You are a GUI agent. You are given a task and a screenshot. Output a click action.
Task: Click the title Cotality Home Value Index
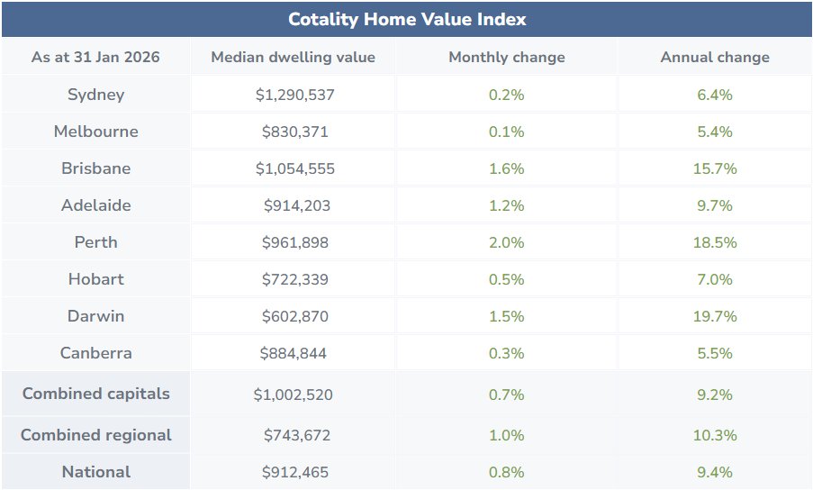[x=407, y=19]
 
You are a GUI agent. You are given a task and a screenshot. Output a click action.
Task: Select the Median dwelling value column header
[x=293, y=57]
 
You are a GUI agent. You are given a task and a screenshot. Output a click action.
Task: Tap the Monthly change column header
[x=507, y=57]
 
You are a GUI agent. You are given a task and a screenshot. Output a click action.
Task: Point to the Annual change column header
[x=715, y=57]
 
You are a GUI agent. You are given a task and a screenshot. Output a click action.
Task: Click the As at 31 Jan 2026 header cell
[x=95, y=57]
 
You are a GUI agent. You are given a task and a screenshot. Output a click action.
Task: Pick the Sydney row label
[x=95, y=95]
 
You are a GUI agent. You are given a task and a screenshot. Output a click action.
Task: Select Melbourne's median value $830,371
[x=294, y=132]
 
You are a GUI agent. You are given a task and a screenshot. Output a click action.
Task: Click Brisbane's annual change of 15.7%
[x=715, y=168]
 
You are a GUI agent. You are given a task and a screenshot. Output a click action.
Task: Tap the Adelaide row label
[x=95, y=205]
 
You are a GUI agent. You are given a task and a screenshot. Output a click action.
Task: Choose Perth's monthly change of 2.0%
[x=507, y=242]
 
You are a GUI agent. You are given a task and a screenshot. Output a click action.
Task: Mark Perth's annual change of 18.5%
[x=715, y=242]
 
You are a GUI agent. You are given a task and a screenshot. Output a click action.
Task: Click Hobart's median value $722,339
[x=294, y=279]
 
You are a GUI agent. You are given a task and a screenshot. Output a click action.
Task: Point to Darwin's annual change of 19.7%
[x=715, y=316]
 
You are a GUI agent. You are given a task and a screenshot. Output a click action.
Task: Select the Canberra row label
[x=95, y=353]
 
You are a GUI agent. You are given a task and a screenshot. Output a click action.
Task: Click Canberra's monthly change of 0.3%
[x=507, y=353]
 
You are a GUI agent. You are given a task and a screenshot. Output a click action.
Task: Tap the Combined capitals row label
[x=95, y=394]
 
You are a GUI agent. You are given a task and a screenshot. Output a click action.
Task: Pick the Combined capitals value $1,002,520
[x=294, y=395]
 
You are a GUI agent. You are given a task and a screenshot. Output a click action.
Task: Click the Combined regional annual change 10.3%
[x=715, y=435]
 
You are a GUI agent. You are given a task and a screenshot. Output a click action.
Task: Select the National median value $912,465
[x=294, y=472]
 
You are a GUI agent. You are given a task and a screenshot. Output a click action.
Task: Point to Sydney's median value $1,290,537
[x=294, y=95]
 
